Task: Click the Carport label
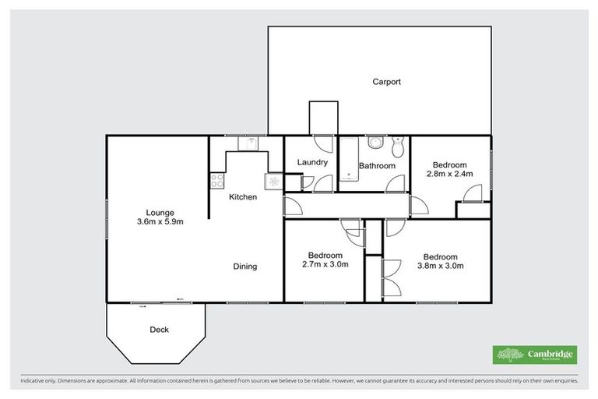coord(386,81)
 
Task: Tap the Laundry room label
coord(312,162)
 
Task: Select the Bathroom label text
coord(377,166)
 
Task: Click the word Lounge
coord(160,212)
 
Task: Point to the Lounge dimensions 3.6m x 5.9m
coord(160,221)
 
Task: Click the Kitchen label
coord(243,197)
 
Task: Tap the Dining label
coord(245,267)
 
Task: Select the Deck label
coord(159,330)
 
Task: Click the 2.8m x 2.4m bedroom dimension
coord(450,175)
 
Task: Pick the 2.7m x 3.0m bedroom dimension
coord(325,265)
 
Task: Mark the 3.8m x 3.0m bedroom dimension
coord(440,265)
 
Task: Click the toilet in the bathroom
coord(398,146)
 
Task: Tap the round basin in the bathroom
coord(375,143)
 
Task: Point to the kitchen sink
coord(251,143)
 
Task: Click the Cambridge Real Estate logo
coord(534,355)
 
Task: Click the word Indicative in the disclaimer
coord(32,381)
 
